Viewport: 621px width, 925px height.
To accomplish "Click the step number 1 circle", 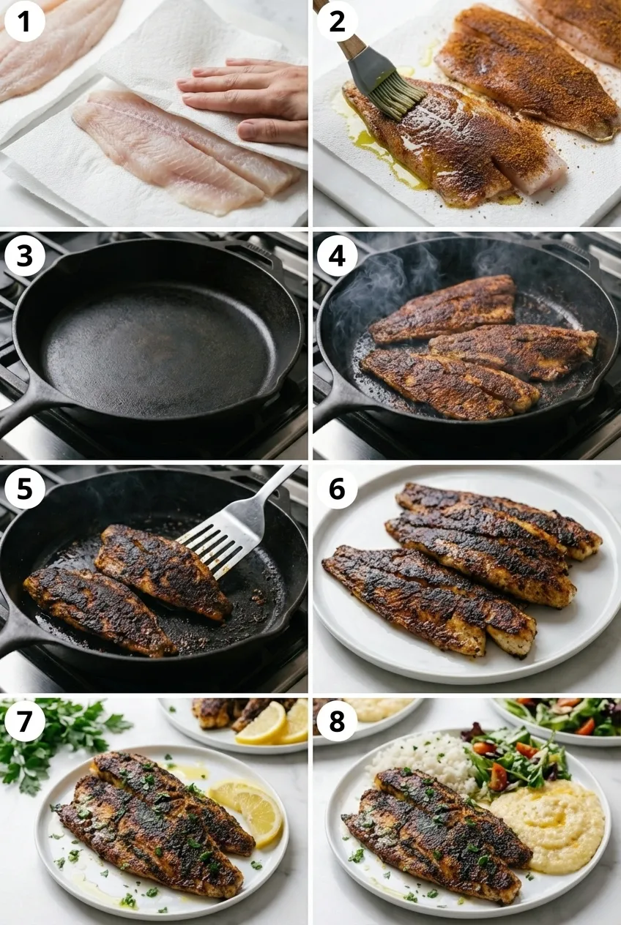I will coord(25,21).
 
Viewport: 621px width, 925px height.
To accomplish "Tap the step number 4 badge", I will coord(337,255).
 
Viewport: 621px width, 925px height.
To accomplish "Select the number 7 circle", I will coord(25,721).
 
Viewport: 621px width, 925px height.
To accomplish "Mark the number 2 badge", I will coord(337,21).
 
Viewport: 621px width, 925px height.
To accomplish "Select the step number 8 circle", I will coord(337,721).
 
